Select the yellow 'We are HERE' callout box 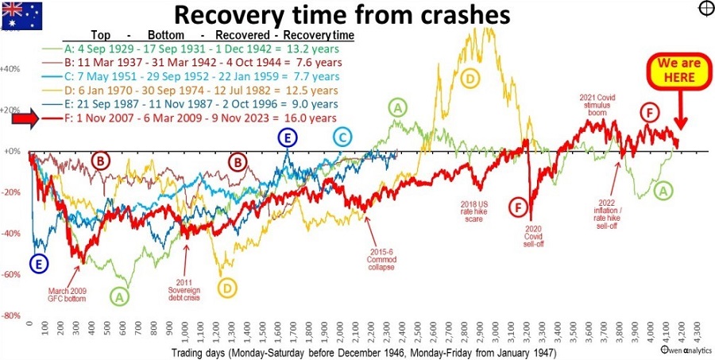[669, 72]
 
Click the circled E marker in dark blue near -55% [37, 264]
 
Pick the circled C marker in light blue [342, 138]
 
